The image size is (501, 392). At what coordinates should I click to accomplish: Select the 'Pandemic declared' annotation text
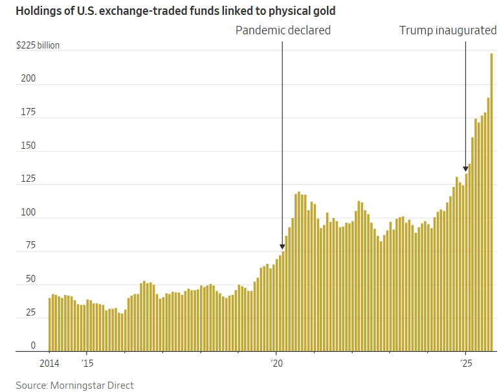click(283, 30)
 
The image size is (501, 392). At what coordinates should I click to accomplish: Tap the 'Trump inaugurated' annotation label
click(447, 30)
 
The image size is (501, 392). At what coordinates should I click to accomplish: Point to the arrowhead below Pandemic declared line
click(282, 246)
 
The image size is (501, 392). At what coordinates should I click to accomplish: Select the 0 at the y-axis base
click(33, 346)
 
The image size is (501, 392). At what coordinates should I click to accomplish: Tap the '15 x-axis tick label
click(87, 363)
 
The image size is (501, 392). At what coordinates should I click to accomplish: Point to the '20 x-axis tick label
click(276, 363)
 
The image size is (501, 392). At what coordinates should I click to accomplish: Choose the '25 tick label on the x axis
click(465, 363)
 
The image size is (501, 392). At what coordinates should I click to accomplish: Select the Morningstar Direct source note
click(75, 386)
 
